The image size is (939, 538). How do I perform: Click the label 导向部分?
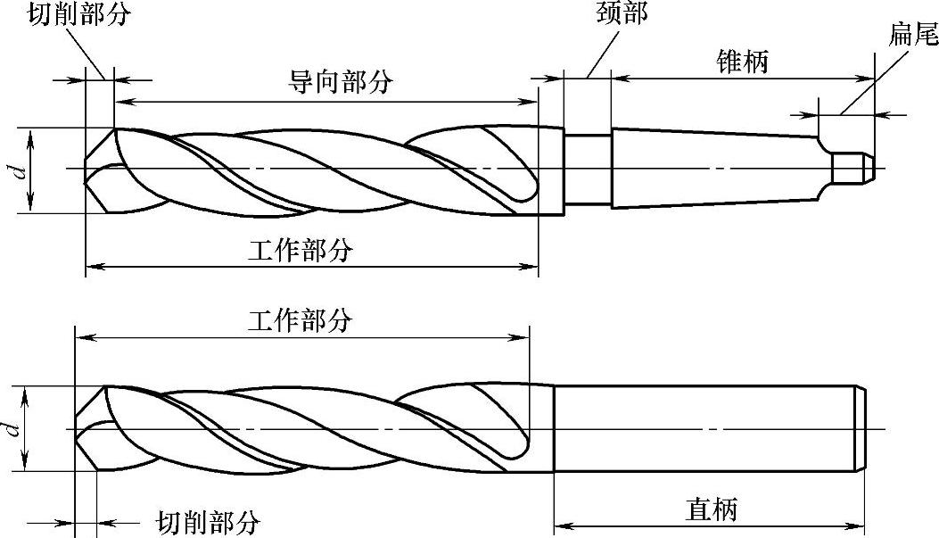[340, 81]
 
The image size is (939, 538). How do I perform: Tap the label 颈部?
[621, 14]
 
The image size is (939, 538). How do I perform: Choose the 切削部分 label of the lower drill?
[209, 521]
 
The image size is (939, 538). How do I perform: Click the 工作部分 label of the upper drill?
[301, 251]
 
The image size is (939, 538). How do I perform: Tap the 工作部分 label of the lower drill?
[301, 320]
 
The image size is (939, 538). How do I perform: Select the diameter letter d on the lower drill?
[12, 429]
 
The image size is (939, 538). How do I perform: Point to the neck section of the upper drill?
[587, 169]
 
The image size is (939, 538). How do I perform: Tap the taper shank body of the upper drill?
[713, 169]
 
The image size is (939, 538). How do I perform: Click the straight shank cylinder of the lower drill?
[704, 429]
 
